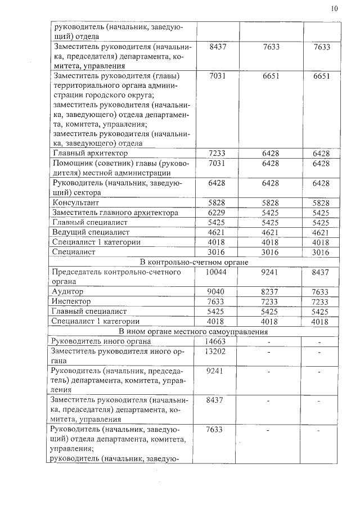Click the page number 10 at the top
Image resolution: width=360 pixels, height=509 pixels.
pyautogui.click(x=335, y=8)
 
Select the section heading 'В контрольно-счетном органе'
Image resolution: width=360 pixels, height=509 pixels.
pyautogui.click(x=194, y=262)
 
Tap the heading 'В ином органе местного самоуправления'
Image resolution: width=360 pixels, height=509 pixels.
pyautogui.click(x=194, y=332)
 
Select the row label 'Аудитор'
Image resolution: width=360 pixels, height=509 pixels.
pyautogui.click(x=67, y=292)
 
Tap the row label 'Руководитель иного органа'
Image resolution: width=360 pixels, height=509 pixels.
pyautogui.click(x=101, y=341)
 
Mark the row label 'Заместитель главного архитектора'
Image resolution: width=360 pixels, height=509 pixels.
pyautogui.click(x=115, y=213)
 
